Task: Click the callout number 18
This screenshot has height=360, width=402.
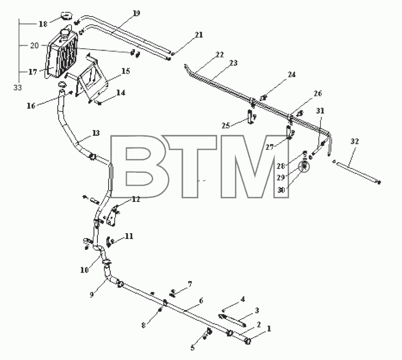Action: click(x=43, y=24)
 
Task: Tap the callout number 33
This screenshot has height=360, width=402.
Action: click(x=17, y=88)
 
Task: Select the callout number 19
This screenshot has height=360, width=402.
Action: click(x=136, y=13)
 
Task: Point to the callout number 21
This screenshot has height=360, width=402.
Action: click(x=199, y=35)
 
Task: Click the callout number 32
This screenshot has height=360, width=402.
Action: click(x=355, y=141)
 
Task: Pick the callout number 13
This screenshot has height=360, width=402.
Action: click(x=96, y=133)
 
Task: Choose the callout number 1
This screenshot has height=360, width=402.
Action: click(x=269, y=328)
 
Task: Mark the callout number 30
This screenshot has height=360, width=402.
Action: click(x=281, y=190)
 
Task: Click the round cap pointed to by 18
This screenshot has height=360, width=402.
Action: click(x=67, y=16)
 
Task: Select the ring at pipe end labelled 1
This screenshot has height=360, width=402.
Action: click(x=248, y=341)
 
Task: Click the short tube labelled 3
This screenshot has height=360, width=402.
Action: click(x=232, y=320)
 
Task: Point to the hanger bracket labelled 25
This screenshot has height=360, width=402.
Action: click(x=251, y=117)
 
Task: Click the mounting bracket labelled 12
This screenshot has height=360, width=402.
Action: click(x=112, y=216)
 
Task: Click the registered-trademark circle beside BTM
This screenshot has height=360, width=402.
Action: click(x=304, y=167)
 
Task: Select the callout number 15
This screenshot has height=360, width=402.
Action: click(x=126, y=71)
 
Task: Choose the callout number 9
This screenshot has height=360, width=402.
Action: click(x=92, y=295)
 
